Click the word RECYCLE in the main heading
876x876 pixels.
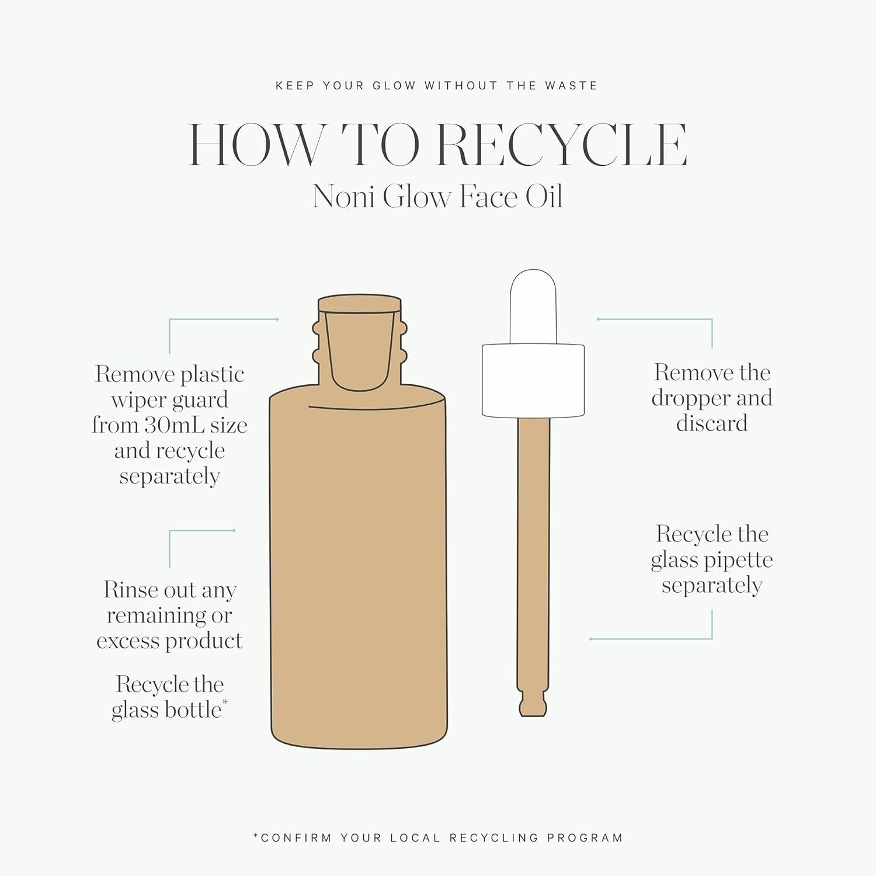coord(562,145)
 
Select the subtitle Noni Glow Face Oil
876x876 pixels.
coord(438,196)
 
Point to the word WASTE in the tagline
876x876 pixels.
coord(571,86)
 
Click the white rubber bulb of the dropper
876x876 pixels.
coord(533,307)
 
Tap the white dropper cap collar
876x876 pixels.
coord(533,380)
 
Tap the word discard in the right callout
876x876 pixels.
coord(712,423)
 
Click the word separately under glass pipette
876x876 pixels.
coord(712,586)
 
